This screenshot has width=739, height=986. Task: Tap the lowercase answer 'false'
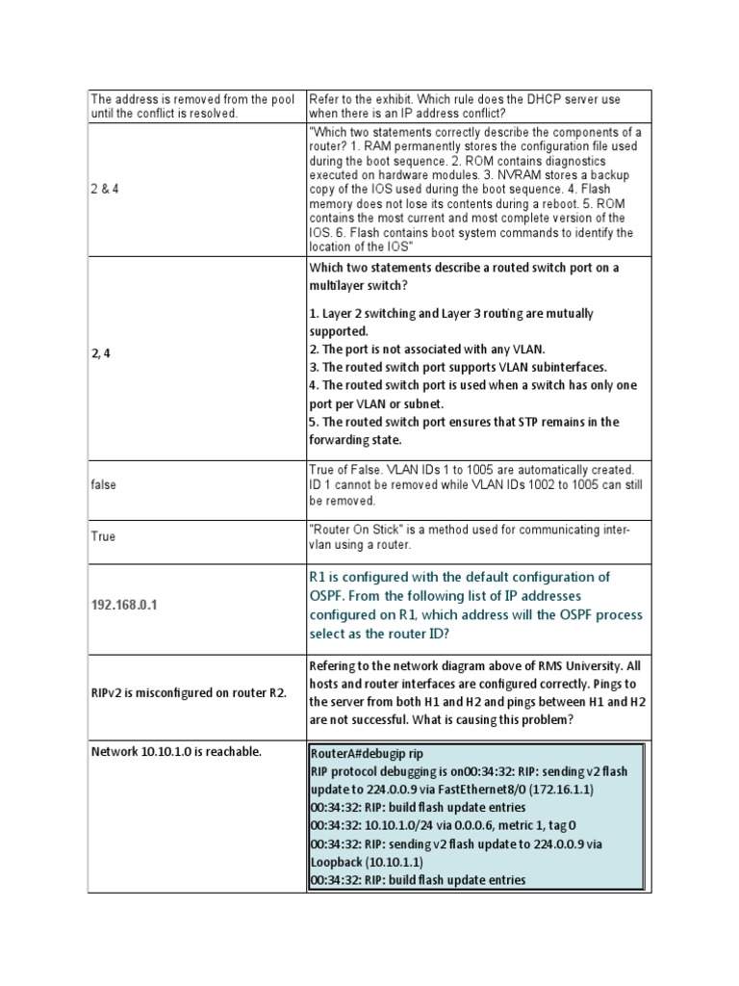(104, 484)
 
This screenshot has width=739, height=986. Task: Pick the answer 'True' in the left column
(103, 536)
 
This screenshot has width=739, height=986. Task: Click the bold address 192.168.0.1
(124, 605)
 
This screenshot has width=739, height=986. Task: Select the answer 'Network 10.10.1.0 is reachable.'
(176, 751)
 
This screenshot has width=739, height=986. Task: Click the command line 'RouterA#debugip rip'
(366, 754)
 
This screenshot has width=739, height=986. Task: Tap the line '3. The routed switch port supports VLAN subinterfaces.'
(458, 368)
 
